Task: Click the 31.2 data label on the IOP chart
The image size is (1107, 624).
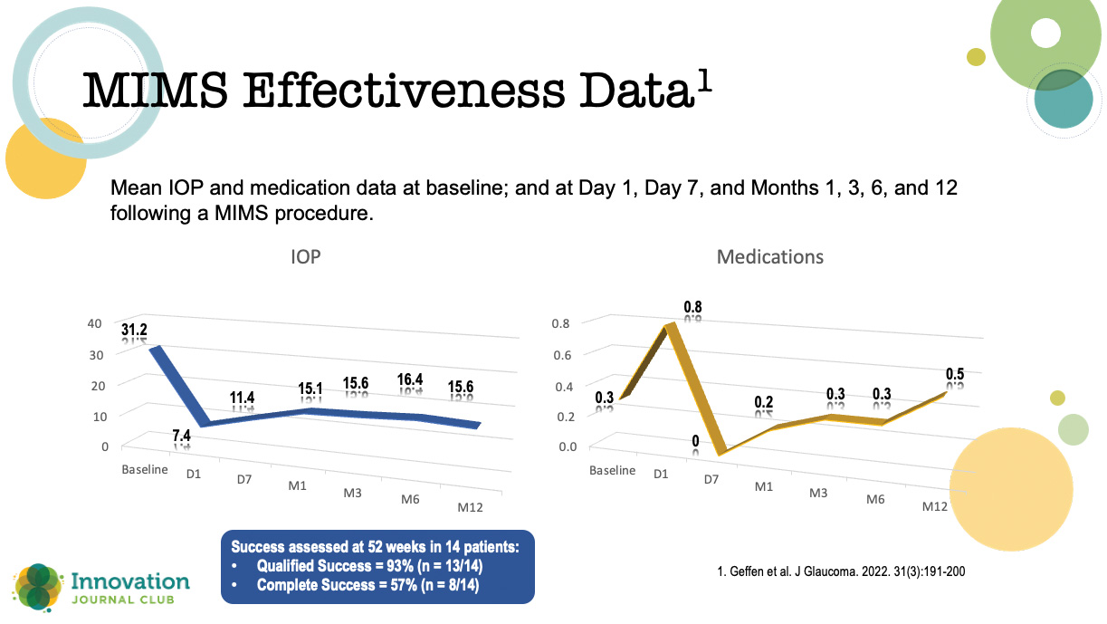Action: pyautogui.click(x=135, y=332)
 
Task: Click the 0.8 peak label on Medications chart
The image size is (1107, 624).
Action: pyautogui.click(x=692, y=308)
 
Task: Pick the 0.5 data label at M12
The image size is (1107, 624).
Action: pyautogui.click(x=955, y=374)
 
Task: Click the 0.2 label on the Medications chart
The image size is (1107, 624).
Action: pyautogui.click(x=765, y=402)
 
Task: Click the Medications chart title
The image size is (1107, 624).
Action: pyautogui.click(x=770, y=257)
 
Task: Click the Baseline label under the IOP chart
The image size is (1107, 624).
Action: pyautogui.click(x=145, y=470)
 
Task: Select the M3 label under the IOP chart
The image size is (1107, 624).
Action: pyautogui.click(x=353, y=494)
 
